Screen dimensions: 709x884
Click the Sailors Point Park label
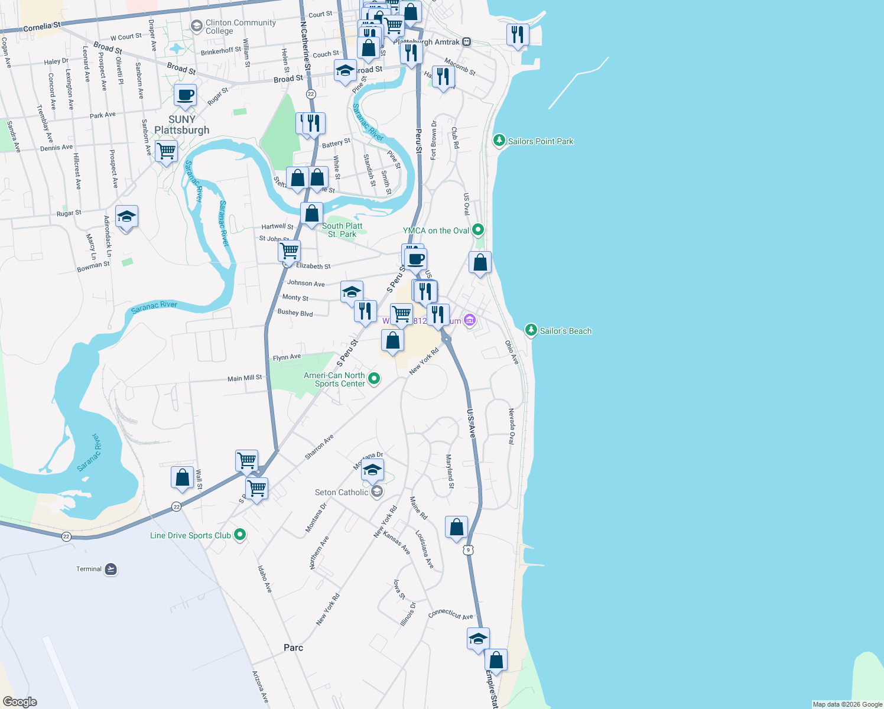click(540, 141)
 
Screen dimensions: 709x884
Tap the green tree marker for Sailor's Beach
click(531, 330)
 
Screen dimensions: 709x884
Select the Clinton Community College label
click(240, 27)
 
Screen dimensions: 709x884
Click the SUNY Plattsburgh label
click(181, 125)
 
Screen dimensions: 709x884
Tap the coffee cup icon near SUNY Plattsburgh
click(185, 95)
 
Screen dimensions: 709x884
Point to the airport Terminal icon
click(110, 569)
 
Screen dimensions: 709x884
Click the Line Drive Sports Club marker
click(240, 535)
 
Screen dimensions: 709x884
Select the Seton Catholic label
click(342, 492)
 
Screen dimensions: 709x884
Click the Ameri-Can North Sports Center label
click(334, 379)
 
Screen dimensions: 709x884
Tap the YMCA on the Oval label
click(436, 230)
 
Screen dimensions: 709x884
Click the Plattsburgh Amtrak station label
click(427, 42)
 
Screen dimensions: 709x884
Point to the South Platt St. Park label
click(342, 230)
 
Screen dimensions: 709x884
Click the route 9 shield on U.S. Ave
click(468, 550)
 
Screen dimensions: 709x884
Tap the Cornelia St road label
click(41, 27)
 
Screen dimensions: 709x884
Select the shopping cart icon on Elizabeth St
click(289, 251)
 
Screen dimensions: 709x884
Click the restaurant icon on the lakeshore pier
click(518, 35)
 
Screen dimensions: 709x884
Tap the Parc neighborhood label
click(293, 648)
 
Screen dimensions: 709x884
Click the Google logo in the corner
click(19, 701)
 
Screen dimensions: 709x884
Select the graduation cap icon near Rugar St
click(126, 217)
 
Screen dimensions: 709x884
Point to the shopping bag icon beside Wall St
click(182, 477)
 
